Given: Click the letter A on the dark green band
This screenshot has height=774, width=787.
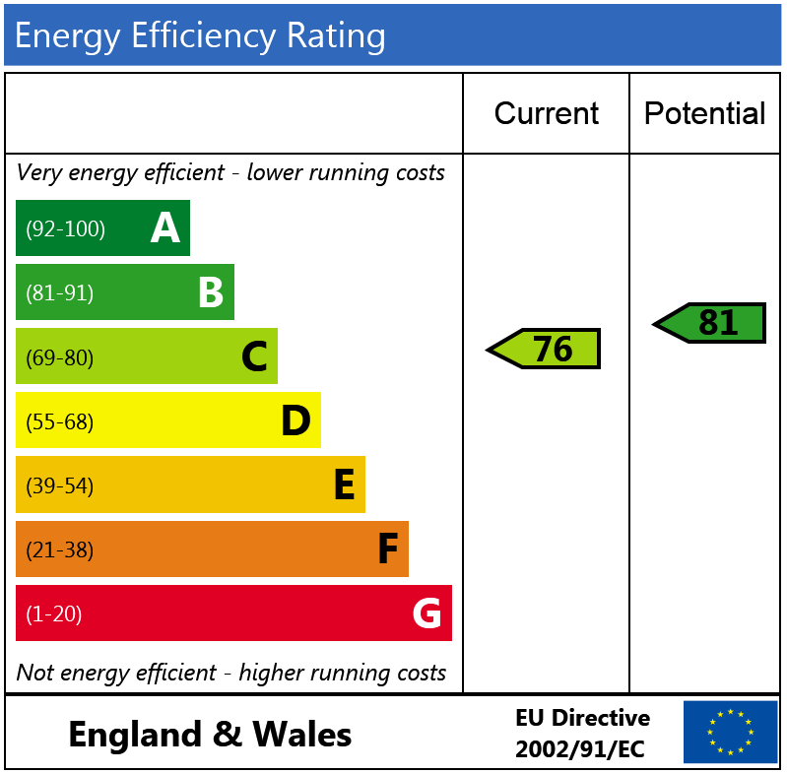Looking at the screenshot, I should [x=165, y=228].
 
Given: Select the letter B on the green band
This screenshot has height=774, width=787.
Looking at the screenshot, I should [x=210, y=292].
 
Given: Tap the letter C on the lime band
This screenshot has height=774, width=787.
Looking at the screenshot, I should [x=254, y=356].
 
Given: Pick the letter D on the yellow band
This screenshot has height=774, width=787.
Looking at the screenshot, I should [x=295, y=421].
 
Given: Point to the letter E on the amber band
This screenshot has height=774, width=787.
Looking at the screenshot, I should [x=344, y=485].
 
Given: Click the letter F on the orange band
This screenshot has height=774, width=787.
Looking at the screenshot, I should [x=388, y=549].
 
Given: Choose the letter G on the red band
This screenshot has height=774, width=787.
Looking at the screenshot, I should [x=426, y=613].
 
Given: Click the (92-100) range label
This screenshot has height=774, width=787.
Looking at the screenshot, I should [x=65, y=229].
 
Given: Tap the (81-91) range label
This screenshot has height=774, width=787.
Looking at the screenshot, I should [x=59, y=293].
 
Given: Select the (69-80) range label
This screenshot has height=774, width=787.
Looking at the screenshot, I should [x=59, y=357].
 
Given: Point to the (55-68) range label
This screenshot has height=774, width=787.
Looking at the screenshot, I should [x=59, y=421].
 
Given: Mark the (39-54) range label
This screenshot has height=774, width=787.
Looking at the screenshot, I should [x=59, y=485].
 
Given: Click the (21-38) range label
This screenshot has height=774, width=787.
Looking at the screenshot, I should [x=59, y=549].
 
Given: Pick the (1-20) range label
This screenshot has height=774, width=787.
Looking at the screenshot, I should [x=53, y=614].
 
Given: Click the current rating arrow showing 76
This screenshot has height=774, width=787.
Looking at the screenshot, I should [x=546, y=349].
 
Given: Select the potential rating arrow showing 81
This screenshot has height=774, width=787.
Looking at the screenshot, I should [x=711, y=323].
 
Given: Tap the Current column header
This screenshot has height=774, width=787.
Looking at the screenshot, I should [x=546, y=113].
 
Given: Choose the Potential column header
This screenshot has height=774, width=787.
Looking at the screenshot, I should [x=704, y=113].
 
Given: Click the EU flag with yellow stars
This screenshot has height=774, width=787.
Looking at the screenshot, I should [x=730, y=732].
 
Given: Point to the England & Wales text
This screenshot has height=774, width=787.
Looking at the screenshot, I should [x=210, y=735].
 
